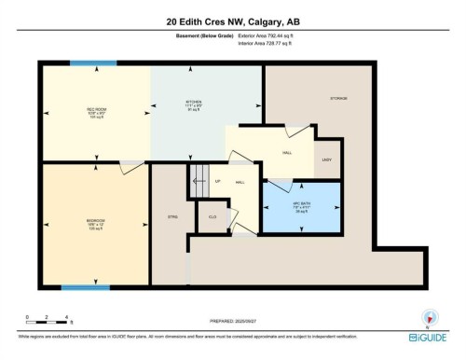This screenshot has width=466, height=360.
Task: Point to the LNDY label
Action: coord(326,160)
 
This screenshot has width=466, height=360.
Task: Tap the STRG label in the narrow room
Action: coord(171,216)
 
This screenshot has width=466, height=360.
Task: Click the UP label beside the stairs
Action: coord(217,181)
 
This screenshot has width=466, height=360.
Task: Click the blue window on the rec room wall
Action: coord(92,63)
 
